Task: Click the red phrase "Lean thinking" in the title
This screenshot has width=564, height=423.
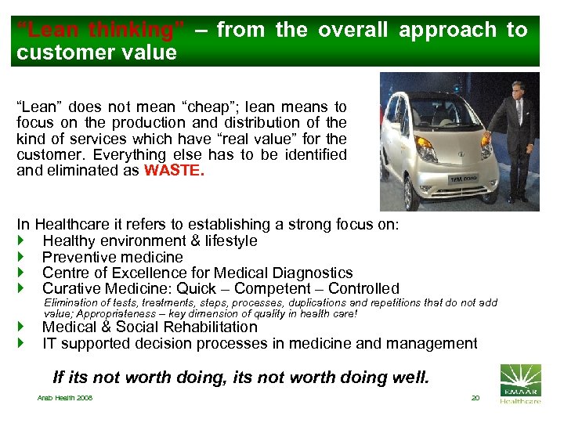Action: click(x=101, y=31)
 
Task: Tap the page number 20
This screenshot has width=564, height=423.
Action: click(x=475, y=398)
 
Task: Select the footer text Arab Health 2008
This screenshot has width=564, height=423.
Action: click(x=65, y=399)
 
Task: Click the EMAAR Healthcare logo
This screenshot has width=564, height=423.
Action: click(x=519, y=384)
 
